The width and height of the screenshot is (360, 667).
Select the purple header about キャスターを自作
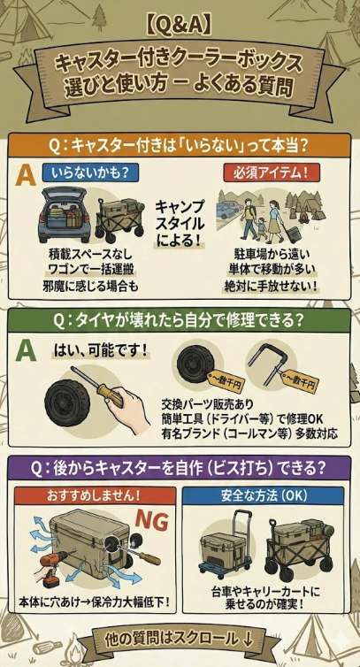180,466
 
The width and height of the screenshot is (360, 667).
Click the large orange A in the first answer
27,174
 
